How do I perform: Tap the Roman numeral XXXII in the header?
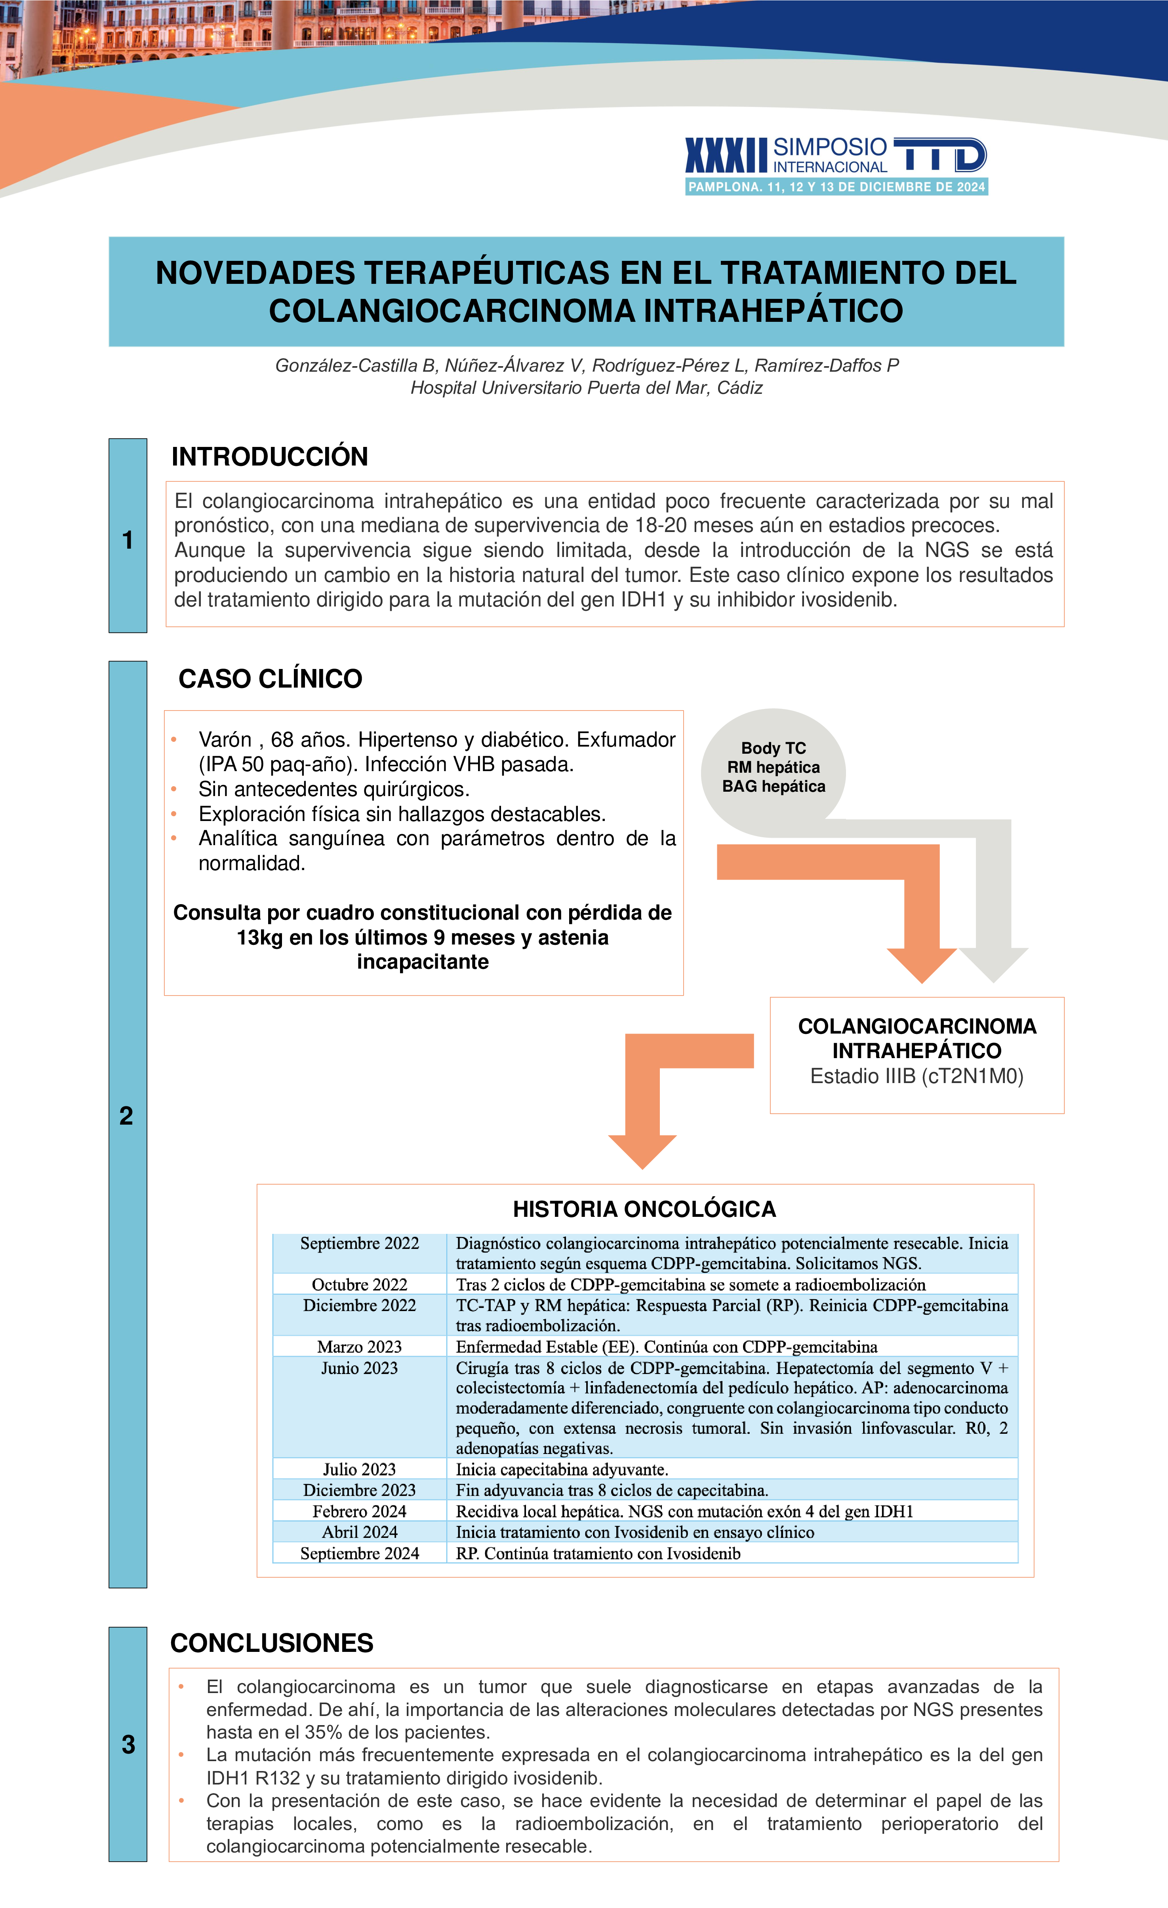726,156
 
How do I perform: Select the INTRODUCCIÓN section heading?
270,457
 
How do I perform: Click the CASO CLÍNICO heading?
270,679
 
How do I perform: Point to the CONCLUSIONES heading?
272,1643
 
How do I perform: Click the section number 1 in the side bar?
128,540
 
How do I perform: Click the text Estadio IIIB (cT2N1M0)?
916,1076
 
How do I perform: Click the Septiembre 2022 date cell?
359,1244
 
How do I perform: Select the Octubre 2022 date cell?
359,1285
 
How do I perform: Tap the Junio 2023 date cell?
359,1368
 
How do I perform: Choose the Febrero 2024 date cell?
359,1511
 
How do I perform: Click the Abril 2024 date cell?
359,1532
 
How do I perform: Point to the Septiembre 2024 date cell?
359,1553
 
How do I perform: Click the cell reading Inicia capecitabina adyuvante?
562,1470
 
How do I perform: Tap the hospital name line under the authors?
586,388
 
